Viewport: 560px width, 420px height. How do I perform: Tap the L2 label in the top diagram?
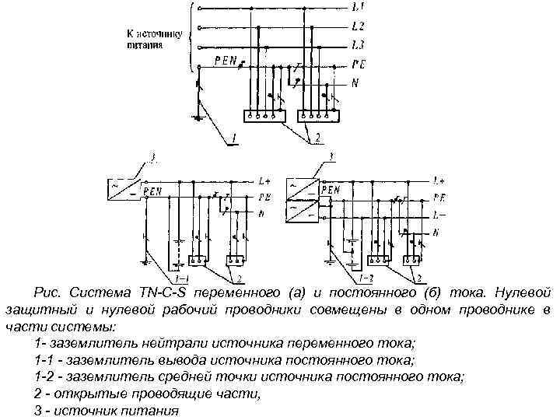(x=355, y=26)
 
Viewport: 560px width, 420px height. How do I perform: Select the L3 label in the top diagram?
(x=355, y=45)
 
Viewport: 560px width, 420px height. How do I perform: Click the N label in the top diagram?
(x=355, y=82)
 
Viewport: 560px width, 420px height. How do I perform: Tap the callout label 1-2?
(x=366, y=278)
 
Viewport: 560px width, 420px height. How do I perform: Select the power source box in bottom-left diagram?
(x=124, y=188)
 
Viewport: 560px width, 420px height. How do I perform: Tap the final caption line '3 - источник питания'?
(x=107, y=411)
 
